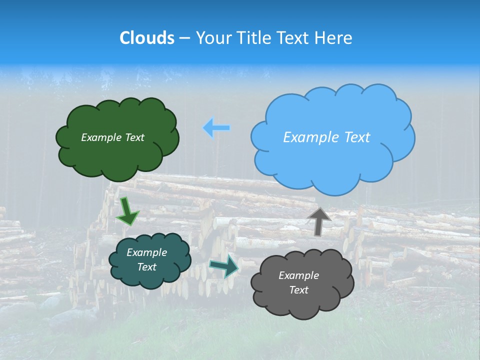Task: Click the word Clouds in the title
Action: (146, 38)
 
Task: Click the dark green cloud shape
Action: (117, 155)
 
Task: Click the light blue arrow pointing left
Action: (216, 128)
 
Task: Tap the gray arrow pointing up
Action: (318, 221)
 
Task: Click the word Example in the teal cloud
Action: (146, 252)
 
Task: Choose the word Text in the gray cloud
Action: (299, 290)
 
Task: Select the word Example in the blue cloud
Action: (311, 137)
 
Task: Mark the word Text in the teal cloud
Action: (147, 267)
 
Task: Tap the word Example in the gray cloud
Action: (298, 275)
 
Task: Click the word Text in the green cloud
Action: (133, 137)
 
